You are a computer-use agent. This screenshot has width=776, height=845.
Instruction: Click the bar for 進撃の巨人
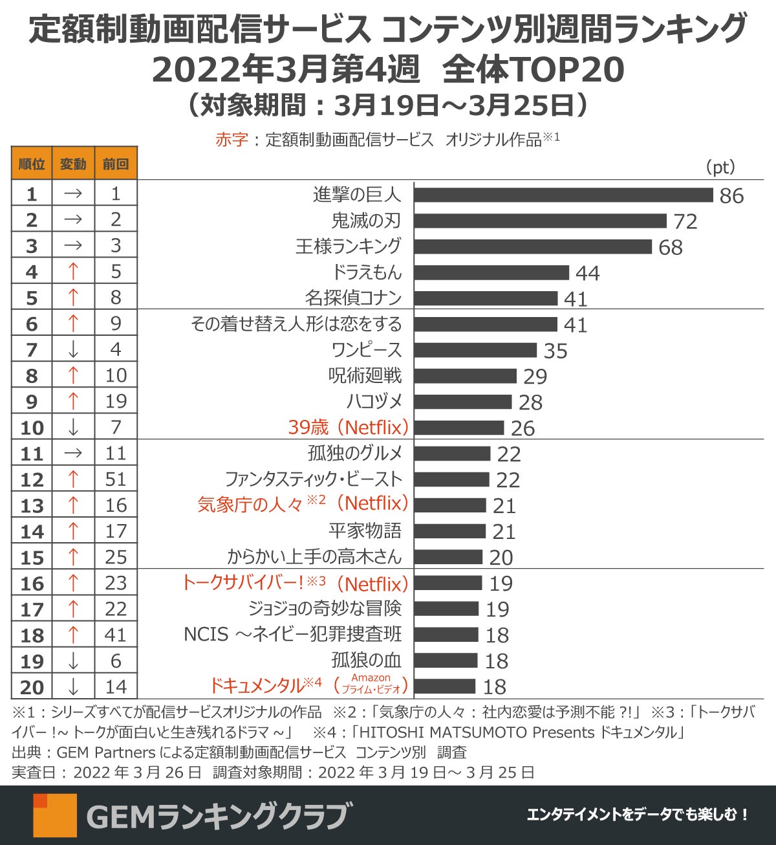pos(563,195)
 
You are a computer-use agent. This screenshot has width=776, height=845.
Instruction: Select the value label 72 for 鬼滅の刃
pos(685,221)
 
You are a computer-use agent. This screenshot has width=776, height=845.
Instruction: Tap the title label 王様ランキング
pos(349,247)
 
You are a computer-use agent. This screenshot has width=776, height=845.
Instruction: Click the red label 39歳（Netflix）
pos(349,428)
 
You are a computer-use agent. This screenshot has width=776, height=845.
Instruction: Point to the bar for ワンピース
pos(475,350)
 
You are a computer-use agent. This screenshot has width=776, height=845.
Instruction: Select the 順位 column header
pos(32,164)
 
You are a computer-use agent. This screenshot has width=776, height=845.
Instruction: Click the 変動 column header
pos(73,164)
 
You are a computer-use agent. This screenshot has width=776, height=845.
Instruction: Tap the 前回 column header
pos(116,164)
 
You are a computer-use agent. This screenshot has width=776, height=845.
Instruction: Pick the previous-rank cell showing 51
pos(116,479)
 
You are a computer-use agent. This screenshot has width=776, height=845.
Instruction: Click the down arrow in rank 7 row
pos(73,350)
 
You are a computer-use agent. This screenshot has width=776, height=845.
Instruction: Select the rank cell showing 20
pos(32,687)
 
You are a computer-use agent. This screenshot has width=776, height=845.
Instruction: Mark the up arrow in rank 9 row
pos(73,402)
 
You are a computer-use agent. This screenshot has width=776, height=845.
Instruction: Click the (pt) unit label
pos(720,167)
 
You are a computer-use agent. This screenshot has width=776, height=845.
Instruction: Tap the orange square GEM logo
pos(55,815)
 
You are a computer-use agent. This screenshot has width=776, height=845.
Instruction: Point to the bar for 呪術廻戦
pos(466,376)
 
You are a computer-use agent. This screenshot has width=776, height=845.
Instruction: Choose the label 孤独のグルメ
pos(355,454)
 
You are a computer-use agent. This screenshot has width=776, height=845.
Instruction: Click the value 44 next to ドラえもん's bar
pos(587,273)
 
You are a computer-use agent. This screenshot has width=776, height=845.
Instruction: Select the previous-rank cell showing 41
pos(116,635)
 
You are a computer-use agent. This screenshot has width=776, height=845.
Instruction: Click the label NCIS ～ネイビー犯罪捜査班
pos(292,635)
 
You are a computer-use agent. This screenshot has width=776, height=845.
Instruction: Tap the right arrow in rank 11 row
pos(73,454)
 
